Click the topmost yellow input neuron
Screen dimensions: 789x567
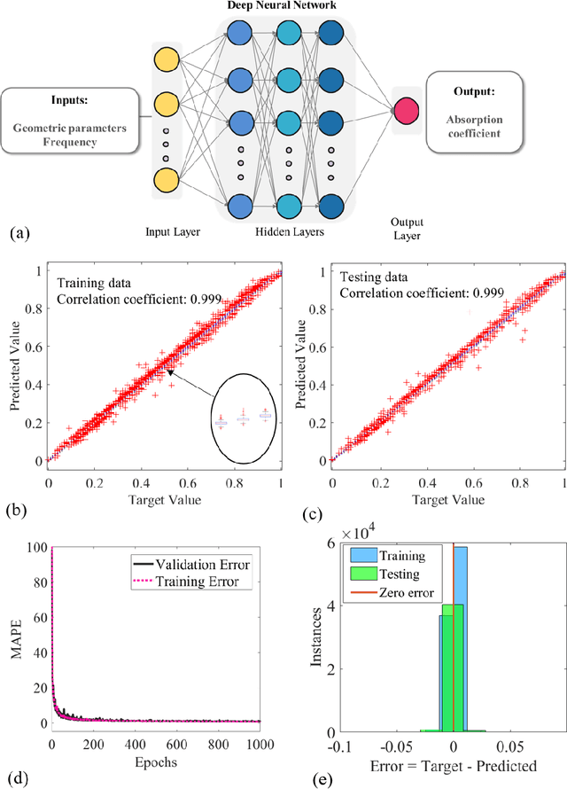(x=165, y=63)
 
